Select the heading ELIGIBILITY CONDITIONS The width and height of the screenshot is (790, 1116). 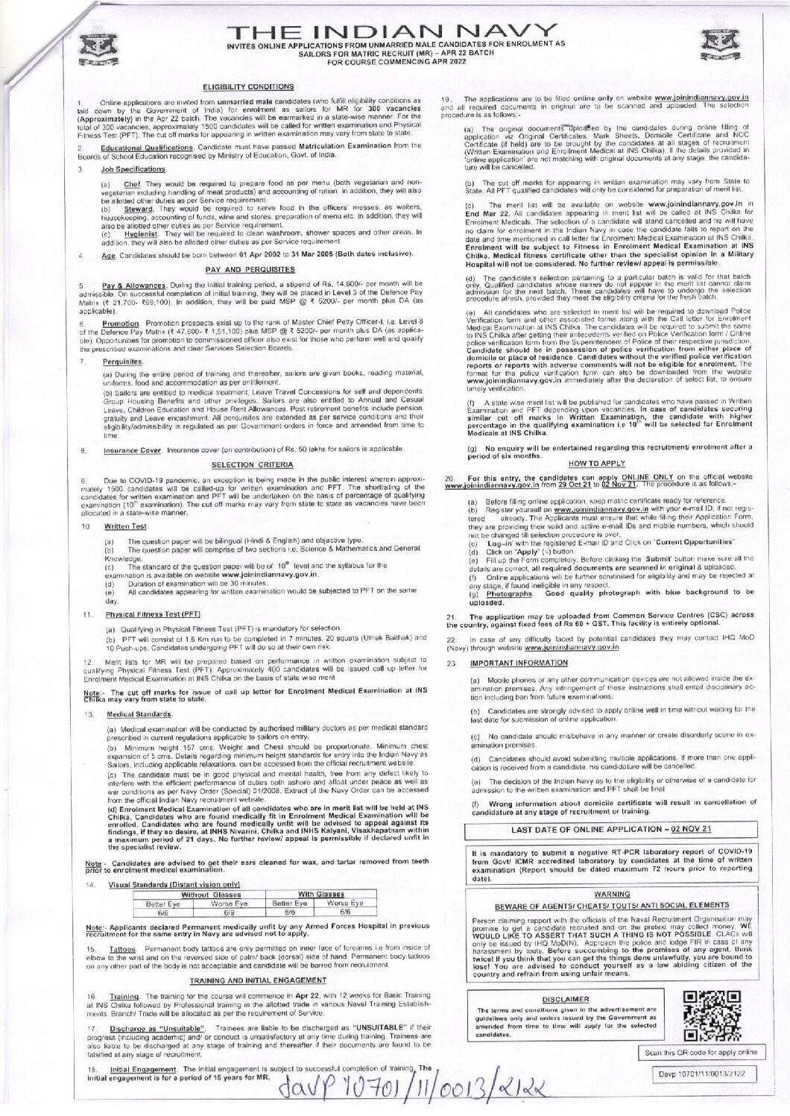[249, 87]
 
